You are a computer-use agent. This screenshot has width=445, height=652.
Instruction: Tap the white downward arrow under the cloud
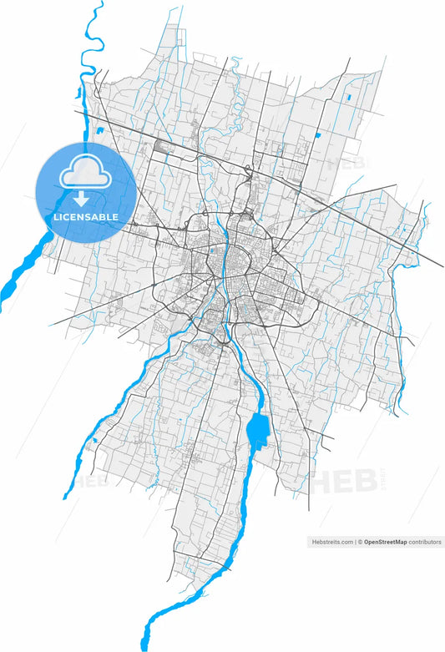tap(82, 198)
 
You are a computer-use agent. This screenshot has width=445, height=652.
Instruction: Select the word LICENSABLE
tap(86, 217)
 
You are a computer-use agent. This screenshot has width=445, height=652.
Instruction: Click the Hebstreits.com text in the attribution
tap(332, 542)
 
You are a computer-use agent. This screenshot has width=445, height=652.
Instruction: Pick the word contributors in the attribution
tap(425, 542)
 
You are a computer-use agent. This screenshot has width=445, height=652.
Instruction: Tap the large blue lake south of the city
tap(258, 429)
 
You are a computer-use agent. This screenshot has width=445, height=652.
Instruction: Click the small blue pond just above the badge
tap(99, 130)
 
